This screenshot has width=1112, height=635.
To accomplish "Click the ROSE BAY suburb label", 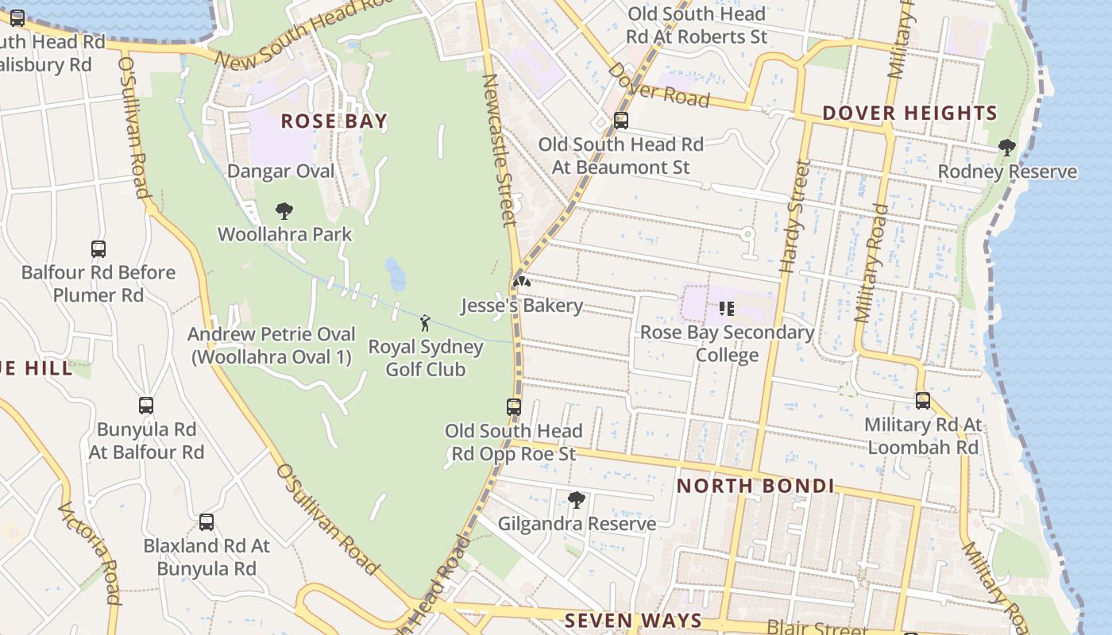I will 334,121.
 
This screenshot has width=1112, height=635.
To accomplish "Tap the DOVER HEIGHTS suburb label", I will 909,114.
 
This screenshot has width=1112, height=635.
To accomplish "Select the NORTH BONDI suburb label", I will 755,486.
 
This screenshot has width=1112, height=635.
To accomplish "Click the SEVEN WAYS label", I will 633,620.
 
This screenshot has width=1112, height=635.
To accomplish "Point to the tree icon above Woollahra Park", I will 284,211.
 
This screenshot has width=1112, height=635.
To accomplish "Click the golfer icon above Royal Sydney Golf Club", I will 425,323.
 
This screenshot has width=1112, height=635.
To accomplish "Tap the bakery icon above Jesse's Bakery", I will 521,282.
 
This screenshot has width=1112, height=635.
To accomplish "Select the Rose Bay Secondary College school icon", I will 726,308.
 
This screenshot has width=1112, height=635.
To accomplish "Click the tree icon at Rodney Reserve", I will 1007,148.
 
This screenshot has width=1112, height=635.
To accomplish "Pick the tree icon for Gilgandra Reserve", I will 577,500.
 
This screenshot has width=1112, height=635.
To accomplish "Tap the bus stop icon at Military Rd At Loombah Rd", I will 922,401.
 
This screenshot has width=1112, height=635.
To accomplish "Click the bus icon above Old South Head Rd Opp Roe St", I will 514,407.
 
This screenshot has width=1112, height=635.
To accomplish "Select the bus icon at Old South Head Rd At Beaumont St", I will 621,121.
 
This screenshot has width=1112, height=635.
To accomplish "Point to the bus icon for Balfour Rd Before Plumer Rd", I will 98,249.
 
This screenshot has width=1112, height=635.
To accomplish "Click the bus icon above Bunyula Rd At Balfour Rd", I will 146,406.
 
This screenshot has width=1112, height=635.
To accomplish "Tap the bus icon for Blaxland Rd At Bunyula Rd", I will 207,522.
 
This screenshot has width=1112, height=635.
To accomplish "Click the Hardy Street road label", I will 794,216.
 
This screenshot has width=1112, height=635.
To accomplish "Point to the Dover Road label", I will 658,84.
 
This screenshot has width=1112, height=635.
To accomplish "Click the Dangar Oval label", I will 281,171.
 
